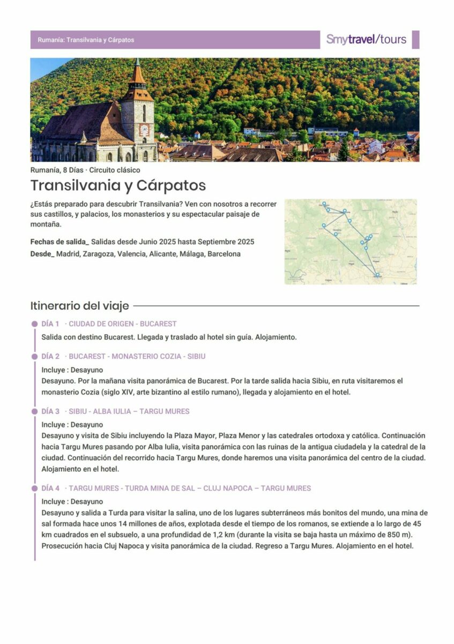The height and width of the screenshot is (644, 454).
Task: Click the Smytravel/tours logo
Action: (x=366, y=39)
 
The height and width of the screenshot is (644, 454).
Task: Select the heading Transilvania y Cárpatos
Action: (x=118, y=185)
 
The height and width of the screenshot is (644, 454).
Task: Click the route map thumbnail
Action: (x=351, y=241)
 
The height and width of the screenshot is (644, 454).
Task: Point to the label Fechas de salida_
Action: (x=59, y=241)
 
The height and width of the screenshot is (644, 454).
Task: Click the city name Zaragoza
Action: (x=98, y=254)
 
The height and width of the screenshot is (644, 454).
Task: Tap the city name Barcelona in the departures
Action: (x=224, y=254)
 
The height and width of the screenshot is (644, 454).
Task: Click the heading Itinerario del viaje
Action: (x=79, y=306)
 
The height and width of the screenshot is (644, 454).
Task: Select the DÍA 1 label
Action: (x=50, y=324)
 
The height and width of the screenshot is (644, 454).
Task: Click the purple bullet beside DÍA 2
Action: (x=35, y=356)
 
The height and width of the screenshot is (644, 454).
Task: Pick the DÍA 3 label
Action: (x=50, y=411)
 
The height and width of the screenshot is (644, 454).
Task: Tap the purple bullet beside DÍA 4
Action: (x=35, y=488)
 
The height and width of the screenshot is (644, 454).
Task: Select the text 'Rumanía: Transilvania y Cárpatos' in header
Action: (x=86, y=40)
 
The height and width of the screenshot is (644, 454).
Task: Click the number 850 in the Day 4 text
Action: (x=390, y=536)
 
